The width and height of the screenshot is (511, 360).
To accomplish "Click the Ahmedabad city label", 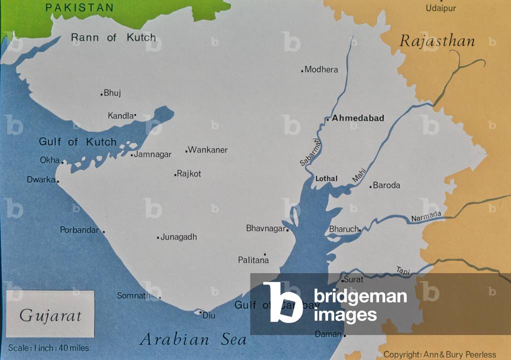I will [358, 118].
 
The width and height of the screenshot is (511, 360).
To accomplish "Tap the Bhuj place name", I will [112, 93].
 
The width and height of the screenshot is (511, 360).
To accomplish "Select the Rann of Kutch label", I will [113, 37].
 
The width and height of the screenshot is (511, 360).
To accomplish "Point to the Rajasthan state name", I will [437, 41].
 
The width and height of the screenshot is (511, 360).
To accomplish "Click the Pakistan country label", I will [79, 8].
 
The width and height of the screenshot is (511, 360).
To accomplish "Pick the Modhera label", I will [321, 70].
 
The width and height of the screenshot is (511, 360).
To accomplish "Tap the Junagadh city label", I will [179, 237].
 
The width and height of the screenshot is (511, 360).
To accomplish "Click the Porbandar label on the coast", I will [79, 230].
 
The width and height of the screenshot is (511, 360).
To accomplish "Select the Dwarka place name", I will [41, 179].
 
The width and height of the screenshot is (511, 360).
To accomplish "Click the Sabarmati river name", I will [311, 152].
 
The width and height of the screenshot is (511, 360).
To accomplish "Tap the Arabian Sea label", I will [194, 340].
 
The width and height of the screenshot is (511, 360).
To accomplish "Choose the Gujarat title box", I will [50, 315].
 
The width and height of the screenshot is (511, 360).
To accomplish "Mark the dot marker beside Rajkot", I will [175, 175].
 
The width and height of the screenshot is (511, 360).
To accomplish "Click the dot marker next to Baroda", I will [371, 186].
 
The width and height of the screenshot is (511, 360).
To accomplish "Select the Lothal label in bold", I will [326, 179].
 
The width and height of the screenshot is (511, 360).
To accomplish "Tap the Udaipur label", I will [441, 8].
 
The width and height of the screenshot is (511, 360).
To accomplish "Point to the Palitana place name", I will [253, 260].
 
